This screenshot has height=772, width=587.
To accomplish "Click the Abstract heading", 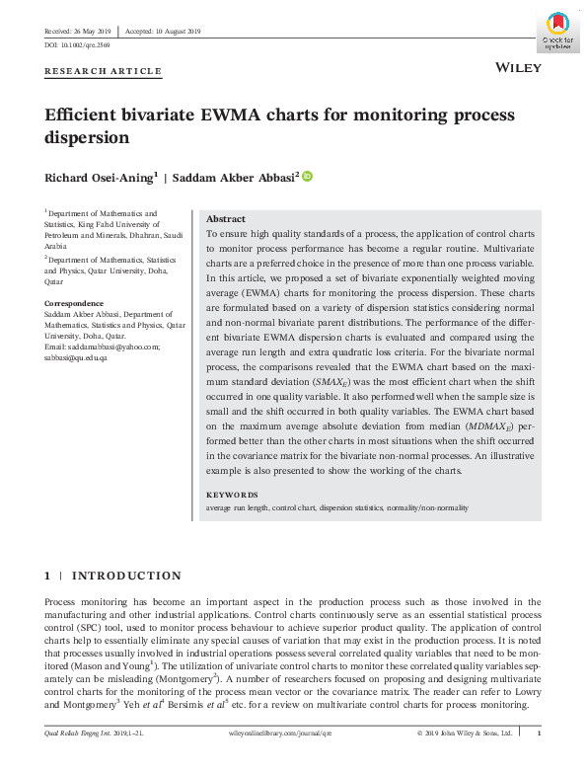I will click(x=226, y=219).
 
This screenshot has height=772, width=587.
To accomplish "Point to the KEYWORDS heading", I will click(x=231, y=495).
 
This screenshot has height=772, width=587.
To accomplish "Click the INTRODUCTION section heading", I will click(x=126, y=576).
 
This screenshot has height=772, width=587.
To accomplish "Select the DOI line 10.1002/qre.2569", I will click(x=77, y=45).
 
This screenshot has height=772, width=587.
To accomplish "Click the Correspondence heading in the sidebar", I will click(x=74, y=303).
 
